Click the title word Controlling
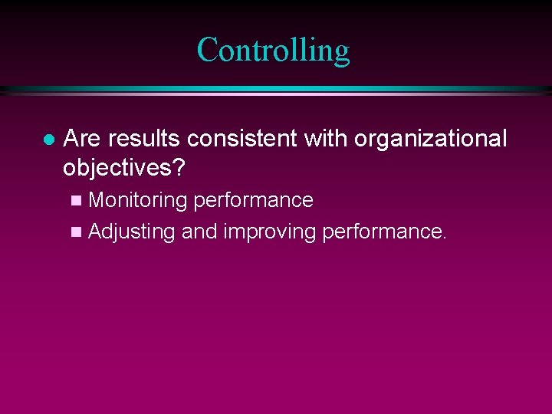(273, 51)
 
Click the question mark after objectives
(182, 166)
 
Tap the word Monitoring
(138, 201)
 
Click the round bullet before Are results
(48, 140)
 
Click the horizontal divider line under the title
(276, 90)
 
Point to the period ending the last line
(443, 238)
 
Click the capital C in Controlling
(208, 51)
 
